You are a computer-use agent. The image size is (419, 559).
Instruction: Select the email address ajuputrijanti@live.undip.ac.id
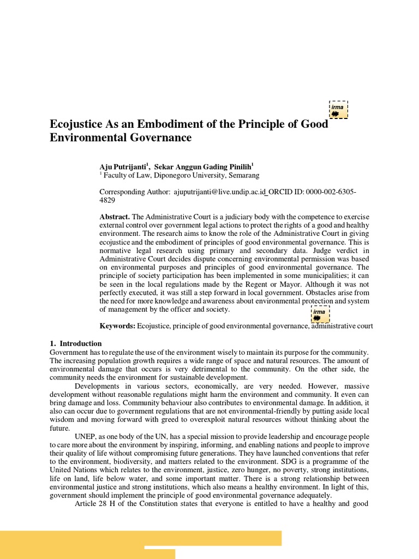(x=229, y=192)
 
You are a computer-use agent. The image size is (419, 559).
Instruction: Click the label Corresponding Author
(x=134, y=192)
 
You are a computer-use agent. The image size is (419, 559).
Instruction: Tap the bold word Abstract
(x=114, y=217)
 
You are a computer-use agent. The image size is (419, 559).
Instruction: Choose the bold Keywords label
(x=117, y=326)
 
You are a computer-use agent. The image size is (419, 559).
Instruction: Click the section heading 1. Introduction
(x=75, y=343)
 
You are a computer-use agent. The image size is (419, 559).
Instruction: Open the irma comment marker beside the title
(x=338, y=109)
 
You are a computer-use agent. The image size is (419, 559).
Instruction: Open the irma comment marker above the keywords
(x=320, y=314)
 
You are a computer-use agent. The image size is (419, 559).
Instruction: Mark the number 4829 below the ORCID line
(x=107, y=200)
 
